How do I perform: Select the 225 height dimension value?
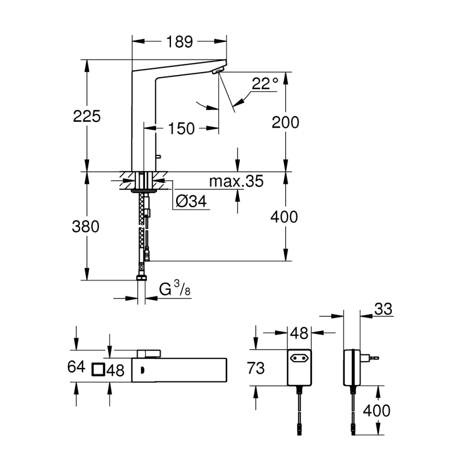pyautogui.click(x=87, y=116)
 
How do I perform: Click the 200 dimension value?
pyautogui.click(x=286, y=122)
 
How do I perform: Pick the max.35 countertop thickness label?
pyautogui.click(x=236, y=181)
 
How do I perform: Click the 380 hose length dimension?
pyautogui.click(x=87, y=227)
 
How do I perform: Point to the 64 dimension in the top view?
pyautogui.click(x=76, y=367)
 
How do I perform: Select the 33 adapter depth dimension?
pyautogui.click(x=383, y=310)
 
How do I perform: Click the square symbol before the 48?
pyautogui.click(x=98, y=370)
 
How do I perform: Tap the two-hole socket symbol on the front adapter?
pyautogui.click(x=299, y=359)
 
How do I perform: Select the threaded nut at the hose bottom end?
pyautogui.click(x=141, y=277)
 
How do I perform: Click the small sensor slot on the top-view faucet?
pyautogui.click(x=141, y=371)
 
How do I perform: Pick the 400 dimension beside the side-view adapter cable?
pyautogui.click(x=376, y=411)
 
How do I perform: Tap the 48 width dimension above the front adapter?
pyautogui.click(x=299, y=332)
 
